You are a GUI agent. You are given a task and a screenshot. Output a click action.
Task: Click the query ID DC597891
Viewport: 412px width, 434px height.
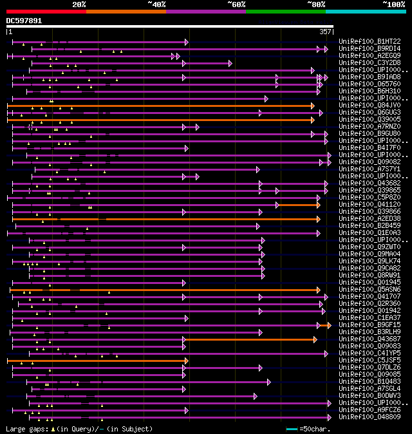24,21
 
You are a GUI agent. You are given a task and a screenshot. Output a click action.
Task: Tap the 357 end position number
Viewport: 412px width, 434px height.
325,32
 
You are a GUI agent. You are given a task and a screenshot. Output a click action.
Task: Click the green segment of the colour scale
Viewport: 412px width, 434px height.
285,11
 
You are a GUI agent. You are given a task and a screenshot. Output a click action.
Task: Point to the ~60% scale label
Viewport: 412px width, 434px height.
236,5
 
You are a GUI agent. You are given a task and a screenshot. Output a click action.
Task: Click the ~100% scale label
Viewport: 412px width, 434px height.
393,5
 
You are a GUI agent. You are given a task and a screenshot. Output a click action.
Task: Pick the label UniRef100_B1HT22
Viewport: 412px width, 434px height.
370,41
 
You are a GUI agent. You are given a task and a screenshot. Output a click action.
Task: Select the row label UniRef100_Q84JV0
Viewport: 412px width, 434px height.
370,105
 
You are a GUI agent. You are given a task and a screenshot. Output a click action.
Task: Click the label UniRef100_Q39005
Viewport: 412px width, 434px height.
370,119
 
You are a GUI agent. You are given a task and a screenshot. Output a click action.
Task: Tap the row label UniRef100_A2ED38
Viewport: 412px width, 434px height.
370,218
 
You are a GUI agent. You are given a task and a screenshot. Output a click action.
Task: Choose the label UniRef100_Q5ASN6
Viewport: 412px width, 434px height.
370,289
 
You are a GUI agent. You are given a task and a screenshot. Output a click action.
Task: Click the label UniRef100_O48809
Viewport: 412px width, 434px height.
370,417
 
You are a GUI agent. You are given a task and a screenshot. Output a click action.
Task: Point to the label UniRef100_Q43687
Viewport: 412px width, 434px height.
370,339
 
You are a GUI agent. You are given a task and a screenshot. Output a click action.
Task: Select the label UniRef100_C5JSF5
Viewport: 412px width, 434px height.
370,360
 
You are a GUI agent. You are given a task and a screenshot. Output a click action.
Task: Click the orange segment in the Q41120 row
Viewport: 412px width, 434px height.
298,205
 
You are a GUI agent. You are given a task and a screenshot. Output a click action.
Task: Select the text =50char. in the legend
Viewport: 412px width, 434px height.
315,429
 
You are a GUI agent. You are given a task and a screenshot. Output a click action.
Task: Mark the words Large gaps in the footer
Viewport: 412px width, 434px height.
26,429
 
